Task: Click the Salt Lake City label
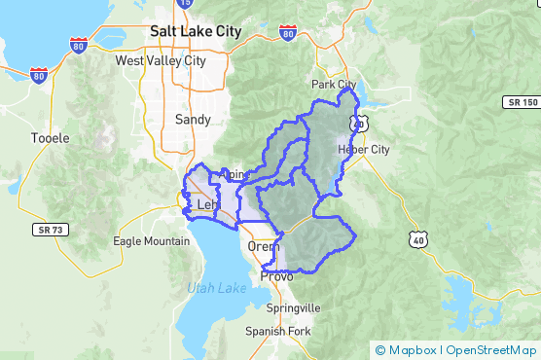coord(196,31)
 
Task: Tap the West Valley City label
coord(161,60)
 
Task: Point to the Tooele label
coord(51,138)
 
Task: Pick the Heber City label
coord(363,149)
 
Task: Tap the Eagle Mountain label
coord(152,241)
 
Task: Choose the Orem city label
coord(264,246)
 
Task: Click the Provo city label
coord(276,276)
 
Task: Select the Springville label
coord(293,307)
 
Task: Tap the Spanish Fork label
coord(277,331)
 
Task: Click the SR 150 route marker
coord(522,102)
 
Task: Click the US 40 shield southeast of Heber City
coord(417,238)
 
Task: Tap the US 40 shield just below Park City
coord(360,123)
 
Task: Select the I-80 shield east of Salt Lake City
coord(287,34)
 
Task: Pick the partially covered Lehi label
coord(207,205)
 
